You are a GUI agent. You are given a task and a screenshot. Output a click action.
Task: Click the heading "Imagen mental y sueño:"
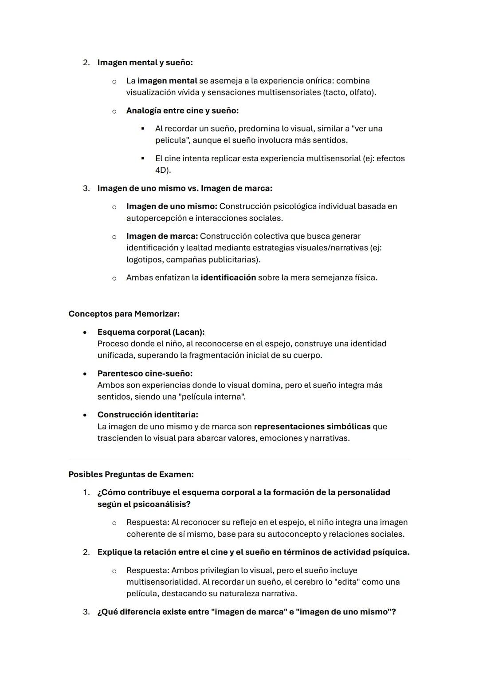pos(145,63)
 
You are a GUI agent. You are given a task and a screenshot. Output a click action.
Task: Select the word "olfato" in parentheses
pos(361,92)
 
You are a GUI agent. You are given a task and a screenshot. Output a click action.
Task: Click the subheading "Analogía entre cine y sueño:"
pos(182,111)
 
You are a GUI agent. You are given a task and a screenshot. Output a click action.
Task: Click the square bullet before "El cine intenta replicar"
pos(143,159)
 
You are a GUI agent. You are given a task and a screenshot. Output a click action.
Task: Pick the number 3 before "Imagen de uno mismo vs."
pos(86,188)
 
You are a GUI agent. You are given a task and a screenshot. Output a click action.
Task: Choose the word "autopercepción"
pos(155,218)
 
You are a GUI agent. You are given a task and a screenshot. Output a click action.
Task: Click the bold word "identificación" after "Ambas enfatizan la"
pos(228,278)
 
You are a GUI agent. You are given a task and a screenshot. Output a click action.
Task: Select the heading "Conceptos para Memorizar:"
pos(124,314)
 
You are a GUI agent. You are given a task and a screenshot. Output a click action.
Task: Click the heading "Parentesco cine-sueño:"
pos(145,373)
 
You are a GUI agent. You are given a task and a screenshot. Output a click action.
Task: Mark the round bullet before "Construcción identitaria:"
pos(85,415)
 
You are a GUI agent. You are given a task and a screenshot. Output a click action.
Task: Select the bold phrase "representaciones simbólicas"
pos(312,427)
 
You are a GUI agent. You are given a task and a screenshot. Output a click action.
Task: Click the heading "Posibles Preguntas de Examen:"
pos(131,474)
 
